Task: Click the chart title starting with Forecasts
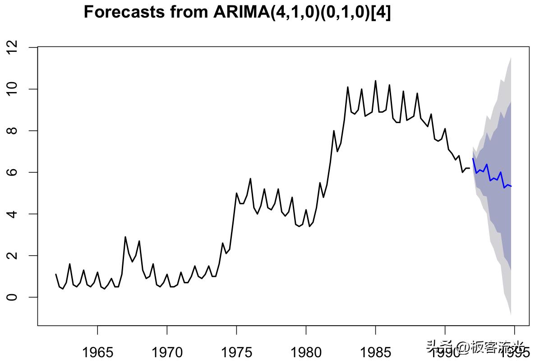(237, 12)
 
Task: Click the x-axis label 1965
(97, 352)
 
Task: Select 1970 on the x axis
(167, 352)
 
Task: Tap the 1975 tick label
(236, 352)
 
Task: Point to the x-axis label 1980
(306, 352)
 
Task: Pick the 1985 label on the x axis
(375, 352)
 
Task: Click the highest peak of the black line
(375, 81)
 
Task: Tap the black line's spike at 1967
(125, 237)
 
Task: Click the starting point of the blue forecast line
(473, 158)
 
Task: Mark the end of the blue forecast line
(511, 186)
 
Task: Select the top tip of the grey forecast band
(511, 58)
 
